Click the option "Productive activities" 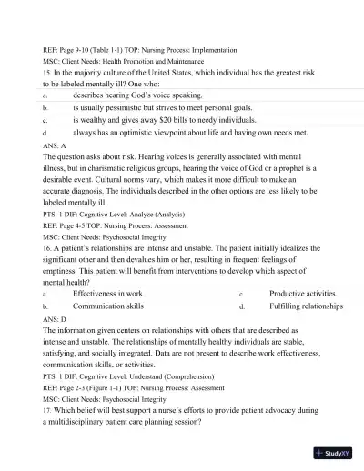click(302, 294)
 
